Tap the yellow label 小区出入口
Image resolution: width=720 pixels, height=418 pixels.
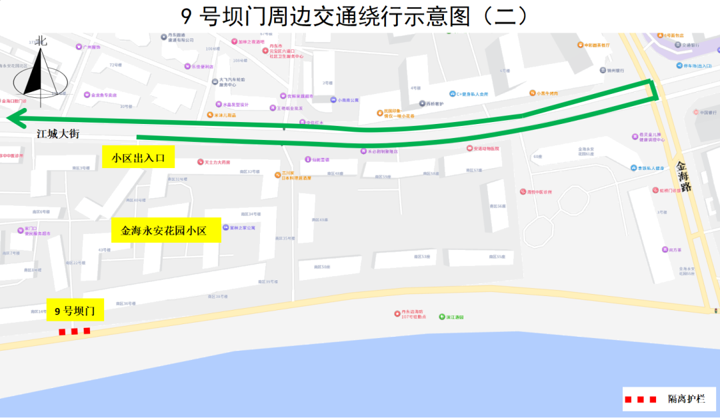click(139, 157)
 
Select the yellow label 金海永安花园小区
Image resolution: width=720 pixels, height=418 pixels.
click(164, 231)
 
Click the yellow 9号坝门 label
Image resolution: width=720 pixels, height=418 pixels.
click(75, 311)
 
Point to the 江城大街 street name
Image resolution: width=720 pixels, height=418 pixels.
click(58, 134)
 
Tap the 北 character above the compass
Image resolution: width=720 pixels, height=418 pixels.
click(41, 41)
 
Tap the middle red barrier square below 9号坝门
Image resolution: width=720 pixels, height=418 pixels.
click(74, 331)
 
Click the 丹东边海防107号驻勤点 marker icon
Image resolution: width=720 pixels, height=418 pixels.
click(397, 312)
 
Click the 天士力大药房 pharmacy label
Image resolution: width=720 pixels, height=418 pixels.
click(217, 162)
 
